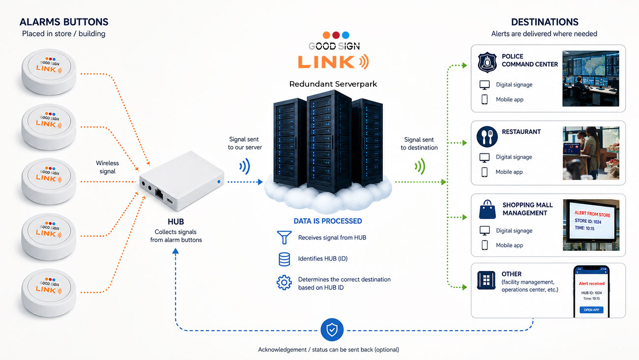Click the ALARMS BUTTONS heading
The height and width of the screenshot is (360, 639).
click(x=64, y=22)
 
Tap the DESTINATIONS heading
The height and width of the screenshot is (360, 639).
click(x=545, y=22)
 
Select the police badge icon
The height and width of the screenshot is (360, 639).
click(x=487, y=62)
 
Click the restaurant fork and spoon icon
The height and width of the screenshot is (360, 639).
click(x=487, y=137)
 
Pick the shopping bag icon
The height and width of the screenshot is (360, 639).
click(x=487, y=210)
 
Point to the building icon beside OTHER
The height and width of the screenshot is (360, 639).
click(x=486, y=280)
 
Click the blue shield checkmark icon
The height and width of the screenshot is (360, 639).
click(x=332, y=330)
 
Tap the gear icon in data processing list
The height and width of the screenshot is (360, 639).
click(x=284, y=283)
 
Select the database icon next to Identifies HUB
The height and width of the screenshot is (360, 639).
click(x=284, y=259)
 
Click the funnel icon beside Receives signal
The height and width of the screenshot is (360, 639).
click(x=284, y=238)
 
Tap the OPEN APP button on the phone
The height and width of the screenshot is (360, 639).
click(x=591, y=310)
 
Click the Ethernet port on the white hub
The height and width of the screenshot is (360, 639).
click(x=159, y=194)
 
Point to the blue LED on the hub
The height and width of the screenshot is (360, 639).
click(x=219, y=181)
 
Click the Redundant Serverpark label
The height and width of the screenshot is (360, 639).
click(x=333, y=84)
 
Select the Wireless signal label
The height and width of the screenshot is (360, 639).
click(x=107, y=167)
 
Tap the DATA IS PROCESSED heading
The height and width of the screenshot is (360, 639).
click(x=328, y=221)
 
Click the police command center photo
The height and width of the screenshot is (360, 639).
click(x=591, y=79)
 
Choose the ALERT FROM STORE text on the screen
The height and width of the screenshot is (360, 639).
click(x=592, y=214)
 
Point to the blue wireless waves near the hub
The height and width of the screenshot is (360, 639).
click(x=245, y=166)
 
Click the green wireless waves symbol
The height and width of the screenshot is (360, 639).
click(x=420, y=166)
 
